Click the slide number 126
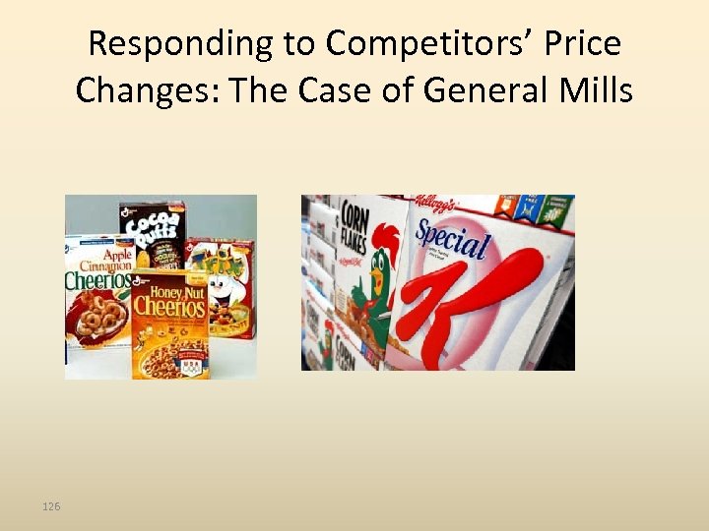tap(51, 506)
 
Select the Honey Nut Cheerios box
tap(169, 324)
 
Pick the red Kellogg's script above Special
tap(434, 205)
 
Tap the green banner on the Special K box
tap(556, 209)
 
